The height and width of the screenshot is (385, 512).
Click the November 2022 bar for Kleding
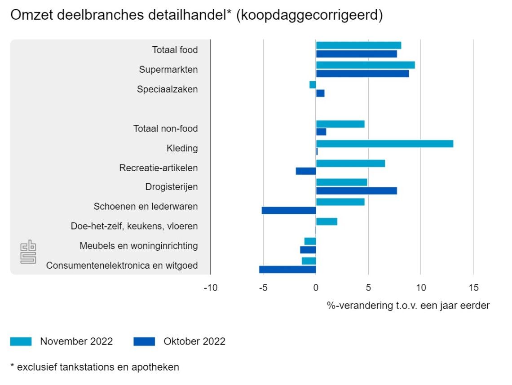[x=384, y=144]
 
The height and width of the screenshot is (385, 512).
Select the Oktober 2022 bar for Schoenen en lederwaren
[x=289, y=210]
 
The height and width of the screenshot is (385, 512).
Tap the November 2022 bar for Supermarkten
[x=365, y=65]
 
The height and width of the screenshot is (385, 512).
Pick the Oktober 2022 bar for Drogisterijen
[x=356, y=190]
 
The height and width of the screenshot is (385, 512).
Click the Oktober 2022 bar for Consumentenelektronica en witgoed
[x=287, y=270]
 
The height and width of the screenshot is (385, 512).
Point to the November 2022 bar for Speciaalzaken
[x=313, y=84]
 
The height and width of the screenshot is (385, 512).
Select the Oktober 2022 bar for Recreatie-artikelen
[x=306, y=171]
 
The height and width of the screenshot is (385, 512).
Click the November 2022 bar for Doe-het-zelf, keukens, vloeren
[x=327, y=221]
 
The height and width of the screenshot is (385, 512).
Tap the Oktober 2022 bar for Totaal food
[x=356, y=54]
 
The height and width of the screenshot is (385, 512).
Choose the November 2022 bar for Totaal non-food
[x=340, y=124]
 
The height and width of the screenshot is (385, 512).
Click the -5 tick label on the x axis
[x=263, y=288]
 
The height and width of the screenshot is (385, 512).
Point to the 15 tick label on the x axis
[x=473, y=288]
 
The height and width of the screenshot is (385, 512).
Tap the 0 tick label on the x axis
[x=316, y=288]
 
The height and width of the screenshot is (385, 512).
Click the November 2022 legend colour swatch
[x=21, y=341]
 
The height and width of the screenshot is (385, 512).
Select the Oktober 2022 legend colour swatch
[x=144, y=341]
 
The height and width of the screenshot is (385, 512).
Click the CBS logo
[x=28, y=253]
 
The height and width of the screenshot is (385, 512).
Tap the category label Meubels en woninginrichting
[x=138, y=246]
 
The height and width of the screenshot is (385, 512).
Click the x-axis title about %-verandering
[x=408, y=305]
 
